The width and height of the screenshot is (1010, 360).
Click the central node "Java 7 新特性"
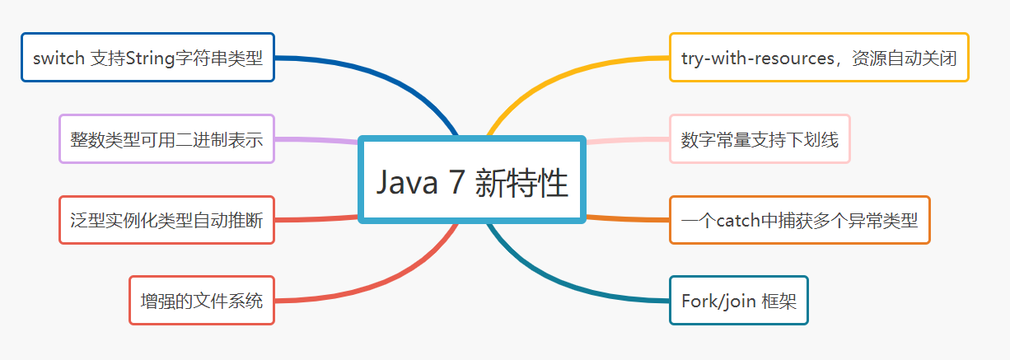pyautogui.click(x=472, y=180)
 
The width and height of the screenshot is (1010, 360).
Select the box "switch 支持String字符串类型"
pyautogui.click(x=147, y=58)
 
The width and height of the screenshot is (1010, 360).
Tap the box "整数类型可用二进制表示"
pyautogui.click(x=166, y=138)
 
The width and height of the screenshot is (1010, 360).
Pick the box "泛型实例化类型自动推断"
pyautogui.click(x=166, y=220)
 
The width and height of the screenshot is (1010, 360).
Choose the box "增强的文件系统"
pyautogui.click(x=201, y=301)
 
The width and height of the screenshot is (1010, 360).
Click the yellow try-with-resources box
pyautogui.click(x=819, y=58)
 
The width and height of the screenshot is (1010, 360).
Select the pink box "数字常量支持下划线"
pyautogui.click(x=759, y=139)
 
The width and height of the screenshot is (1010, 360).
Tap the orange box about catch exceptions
pyautogui.click(x=799, y=220)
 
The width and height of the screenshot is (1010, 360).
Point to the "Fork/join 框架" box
pyautogui.click(x=738, y=301)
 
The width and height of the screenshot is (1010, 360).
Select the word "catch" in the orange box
pyautogui.click(x=737, y=221)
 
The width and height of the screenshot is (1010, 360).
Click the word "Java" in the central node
pyautogui.click(x=406, y=182)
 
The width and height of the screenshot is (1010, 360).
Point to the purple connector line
pyautogui.click(x=317, y=140)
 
